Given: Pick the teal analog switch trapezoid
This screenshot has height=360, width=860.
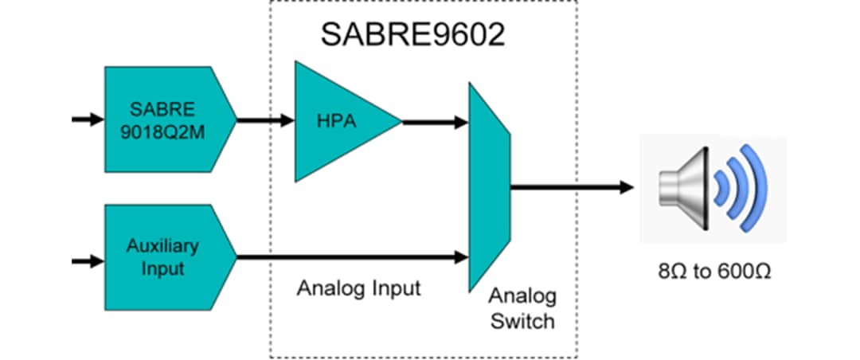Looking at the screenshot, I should click(488, 186).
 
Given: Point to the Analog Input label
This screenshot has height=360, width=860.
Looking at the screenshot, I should click(358, 288).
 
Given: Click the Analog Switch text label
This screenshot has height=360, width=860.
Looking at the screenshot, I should click(522, 309).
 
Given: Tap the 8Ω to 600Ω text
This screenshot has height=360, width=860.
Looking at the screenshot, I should click(714, 272).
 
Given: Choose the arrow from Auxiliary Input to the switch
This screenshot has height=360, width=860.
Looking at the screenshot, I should click(350, 256).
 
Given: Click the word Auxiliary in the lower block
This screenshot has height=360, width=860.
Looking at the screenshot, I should click(162, 246).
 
